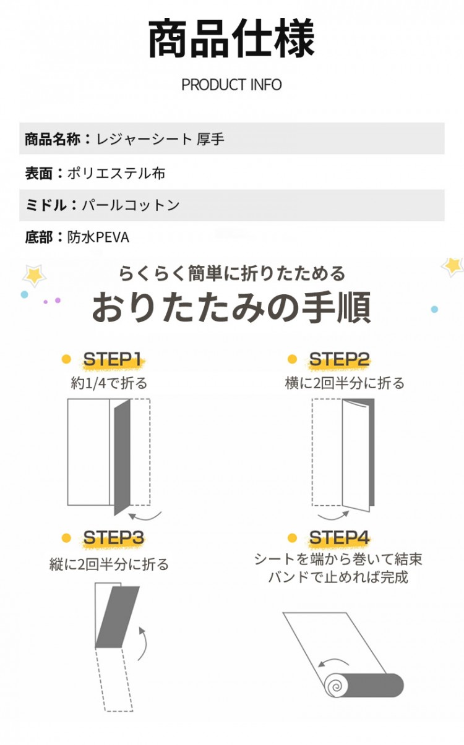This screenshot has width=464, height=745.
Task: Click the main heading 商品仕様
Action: coord(231,38)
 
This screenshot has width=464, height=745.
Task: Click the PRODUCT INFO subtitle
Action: coord(231,85)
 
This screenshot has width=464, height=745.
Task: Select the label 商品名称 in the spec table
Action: coord(52,138)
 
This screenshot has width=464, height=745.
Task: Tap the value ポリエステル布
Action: coord(116,173)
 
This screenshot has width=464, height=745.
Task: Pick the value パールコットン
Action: coord(131,205)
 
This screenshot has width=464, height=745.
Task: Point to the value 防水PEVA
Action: coord(98,237)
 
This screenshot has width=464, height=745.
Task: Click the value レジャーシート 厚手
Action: coord(160,138)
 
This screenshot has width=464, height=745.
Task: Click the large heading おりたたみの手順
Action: coord(231,307)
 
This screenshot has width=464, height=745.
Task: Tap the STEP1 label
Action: coord(112,359)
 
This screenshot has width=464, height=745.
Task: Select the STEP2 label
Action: coord(339,359)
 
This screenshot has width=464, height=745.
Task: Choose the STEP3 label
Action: coord(113,537)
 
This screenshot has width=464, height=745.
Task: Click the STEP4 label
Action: coord(339,537)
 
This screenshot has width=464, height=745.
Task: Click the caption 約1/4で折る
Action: coord(109,383)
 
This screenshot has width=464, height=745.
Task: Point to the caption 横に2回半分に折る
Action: coord(345,383)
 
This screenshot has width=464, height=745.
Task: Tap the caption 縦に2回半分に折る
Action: coord(109,564)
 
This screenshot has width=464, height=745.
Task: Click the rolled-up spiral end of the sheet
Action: coord(335,685)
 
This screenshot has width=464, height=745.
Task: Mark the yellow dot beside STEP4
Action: coord(292,537)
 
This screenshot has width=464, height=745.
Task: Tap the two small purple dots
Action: coord(51,301)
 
